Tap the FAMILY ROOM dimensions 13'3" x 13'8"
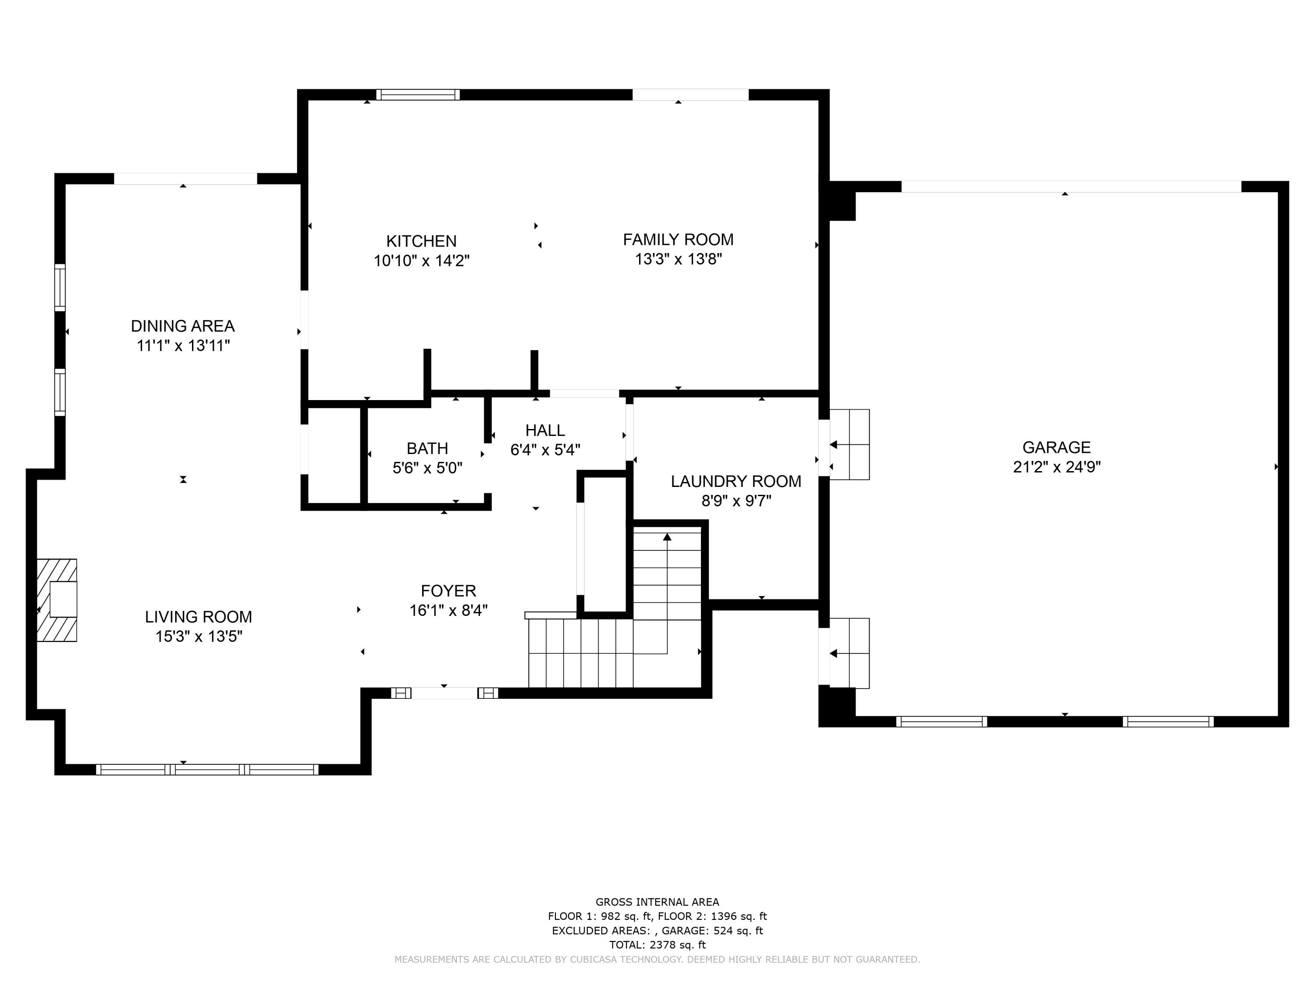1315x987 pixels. click(678, 259)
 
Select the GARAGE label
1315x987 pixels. click(1056, 447)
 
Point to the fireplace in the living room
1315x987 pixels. click(57, 600)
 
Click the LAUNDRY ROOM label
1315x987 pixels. click(736, 481)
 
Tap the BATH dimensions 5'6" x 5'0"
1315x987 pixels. click(427, 468)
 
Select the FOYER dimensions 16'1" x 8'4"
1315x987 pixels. click(448, 611)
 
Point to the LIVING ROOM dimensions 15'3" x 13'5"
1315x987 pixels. click(199, 637)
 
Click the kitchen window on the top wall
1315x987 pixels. click(418, 95)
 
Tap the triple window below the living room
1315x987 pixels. click(207, 769)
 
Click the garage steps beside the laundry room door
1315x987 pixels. click(849, 444)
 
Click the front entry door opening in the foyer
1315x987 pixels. click(444, 693)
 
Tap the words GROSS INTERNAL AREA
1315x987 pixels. click(657, 902)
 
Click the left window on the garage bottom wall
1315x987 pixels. click(941, 722)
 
